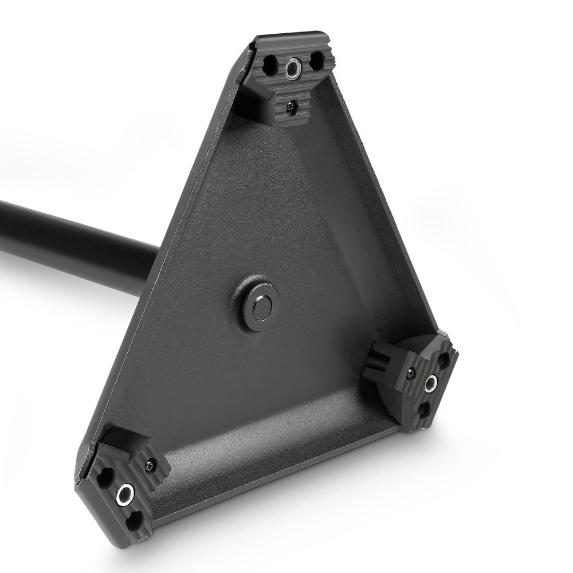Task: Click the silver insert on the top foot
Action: point(292,69)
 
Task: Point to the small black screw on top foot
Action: point(292,105)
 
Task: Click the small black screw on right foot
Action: point(410,374)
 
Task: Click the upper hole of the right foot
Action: point(444,360)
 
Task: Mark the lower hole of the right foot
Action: point(424,410)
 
